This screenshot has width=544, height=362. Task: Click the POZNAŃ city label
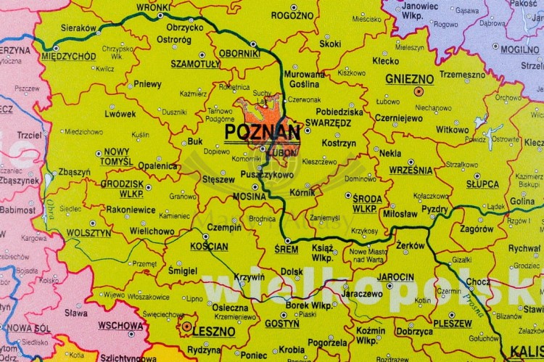coord(262,131)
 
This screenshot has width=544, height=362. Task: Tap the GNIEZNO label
coord(409,78)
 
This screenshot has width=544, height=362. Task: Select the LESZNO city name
coord(214,332)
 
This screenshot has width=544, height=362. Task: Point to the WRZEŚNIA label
coord(411,170)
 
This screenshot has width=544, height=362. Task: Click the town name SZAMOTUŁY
coord(196,64)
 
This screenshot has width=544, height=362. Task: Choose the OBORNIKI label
coord(239,53)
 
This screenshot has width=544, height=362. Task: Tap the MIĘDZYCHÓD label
coord(68,56)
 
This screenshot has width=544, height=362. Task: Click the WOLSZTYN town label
coord(88,233)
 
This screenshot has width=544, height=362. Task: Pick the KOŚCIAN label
coord(209,247)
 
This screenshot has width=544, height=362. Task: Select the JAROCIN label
coord(395,277)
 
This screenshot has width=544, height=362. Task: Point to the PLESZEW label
coord(453,323)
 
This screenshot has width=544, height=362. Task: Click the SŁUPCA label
coord(482,184)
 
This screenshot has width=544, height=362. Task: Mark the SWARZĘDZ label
coord(328,123)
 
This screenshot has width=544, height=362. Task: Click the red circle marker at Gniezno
coord(418,92)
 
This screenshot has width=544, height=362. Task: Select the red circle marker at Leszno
coord(186,326)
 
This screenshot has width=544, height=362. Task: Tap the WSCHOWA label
coord(120,326)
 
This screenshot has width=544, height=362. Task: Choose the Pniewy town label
coord(147,84)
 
